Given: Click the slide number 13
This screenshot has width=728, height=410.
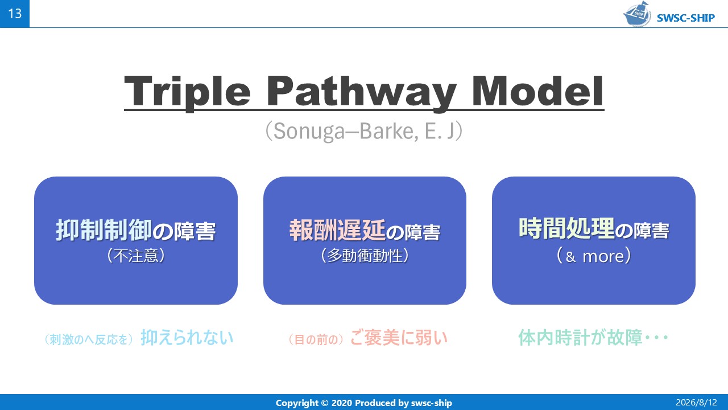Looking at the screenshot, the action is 15,14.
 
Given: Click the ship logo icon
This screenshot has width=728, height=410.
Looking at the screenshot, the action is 638,14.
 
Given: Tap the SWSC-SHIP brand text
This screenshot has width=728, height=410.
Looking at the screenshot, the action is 686,18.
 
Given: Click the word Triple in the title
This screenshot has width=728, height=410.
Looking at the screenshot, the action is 187,91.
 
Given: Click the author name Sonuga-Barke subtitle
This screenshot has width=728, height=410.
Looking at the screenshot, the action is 364,131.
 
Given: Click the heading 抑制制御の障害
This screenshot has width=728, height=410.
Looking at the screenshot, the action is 136,231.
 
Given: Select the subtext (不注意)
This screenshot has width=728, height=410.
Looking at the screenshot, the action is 136,256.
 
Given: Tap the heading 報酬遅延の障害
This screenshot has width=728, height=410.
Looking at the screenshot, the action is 365,231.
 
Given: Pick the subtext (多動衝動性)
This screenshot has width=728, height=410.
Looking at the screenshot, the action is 365,256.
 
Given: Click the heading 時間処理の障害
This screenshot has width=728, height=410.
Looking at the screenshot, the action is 594,229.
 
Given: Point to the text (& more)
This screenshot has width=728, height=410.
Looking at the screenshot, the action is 594,256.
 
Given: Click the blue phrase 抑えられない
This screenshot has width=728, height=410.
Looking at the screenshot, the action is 187,338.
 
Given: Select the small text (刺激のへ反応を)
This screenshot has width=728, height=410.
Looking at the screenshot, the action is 89,339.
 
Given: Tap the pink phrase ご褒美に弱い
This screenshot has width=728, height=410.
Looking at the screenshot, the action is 399,338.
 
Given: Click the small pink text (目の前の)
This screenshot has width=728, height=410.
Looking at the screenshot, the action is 316,339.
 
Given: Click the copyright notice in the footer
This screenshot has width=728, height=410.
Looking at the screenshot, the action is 364,403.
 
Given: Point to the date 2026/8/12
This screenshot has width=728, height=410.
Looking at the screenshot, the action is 696,403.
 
